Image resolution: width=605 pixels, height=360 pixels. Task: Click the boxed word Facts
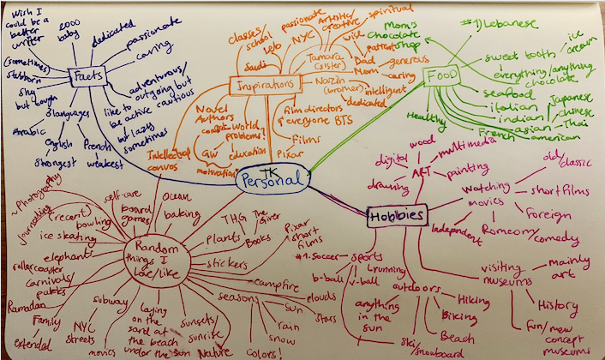88,75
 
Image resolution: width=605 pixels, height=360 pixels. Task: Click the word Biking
459,316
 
